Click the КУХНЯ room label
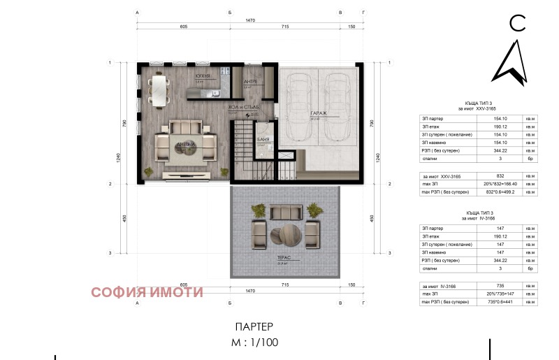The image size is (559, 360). (x=203, y=76)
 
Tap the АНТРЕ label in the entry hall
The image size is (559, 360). (x=250, y=82)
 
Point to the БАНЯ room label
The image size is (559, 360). (x=263, y=140)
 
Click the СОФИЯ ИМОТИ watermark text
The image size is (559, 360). (x=147, y=292)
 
